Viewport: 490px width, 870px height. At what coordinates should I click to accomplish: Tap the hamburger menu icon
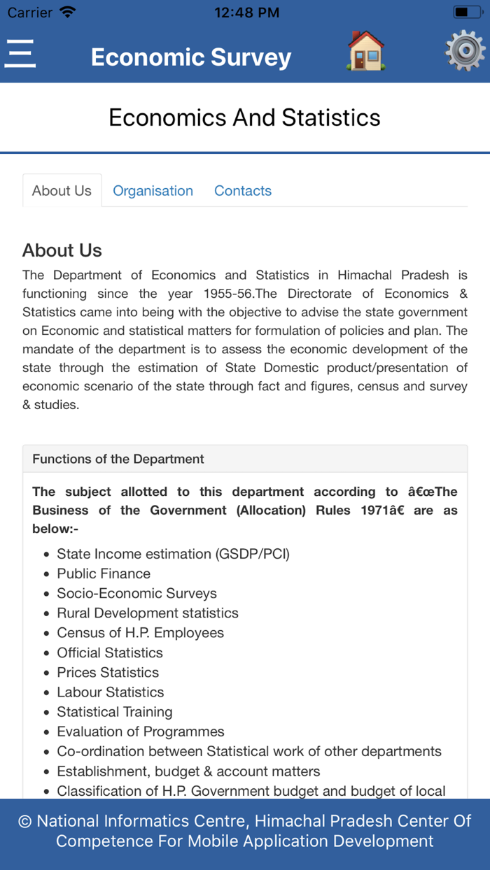pyautogui.click(x=20, y=53)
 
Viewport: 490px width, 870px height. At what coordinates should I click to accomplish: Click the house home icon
pyautogui.click(x=365, y=51)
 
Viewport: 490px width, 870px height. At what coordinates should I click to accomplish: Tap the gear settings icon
pyautogui.click(x=465, y=51)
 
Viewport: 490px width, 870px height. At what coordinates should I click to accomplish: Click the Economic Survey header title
pyautogui.click(x=190, y=57)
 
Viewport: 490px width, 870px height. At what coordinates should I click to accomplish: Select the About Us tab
pyautogui.click(x=62, y=191)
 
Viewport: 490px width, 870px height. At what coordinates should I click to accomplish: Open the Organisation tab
pyautogui.click(x=153, y=191)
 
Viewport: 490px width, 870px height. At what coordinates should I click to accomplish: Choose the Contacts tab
pyautogui.click(x=242, y=191)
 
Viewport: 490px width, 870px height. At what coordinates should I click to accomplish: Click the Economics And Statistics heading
pyautogui.click(x=244, y=117)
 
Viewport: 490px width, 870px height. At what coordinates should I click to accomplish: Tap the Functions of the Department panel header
pyautogui.click(x=118, y=459)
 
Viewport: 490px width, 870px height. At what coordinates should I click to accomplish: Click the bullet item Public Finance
pyautogui.click(x=104, y=573)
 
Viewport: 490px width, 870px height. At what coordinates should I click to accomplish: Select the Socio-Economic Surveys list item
pyautogui.click(x=136, y=593)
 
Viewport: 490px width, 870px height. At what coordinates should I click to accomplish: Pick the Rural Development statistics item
pyautogui.click(x=147, y=613)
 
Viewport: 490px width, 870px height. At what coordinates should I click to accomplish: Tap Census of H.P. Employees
pyautogui.click(x=140, y=633)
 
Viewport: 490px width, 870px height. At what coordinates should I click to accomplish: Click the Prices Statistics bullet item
pyautogui.click(x=108, y=672)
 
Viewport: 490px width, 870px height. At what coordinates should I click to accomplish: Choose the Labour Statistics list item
pyautogui.click(x=110, y=692)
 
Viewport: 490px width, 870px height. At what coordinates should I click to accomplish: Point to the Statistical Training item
pyautogui.click(x=114, y=712)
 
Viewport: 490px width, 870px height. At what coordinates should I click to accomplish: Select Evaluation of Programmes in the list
pyautogui.click(x=140, y=732)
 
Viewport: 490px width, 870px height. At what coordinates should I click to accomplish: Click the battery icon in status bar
pyautogui.click(x=468, y=12)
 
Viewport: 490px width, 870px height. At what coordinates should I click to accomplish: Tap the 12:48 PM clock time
pyautogui.click(x=246, y=13)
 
